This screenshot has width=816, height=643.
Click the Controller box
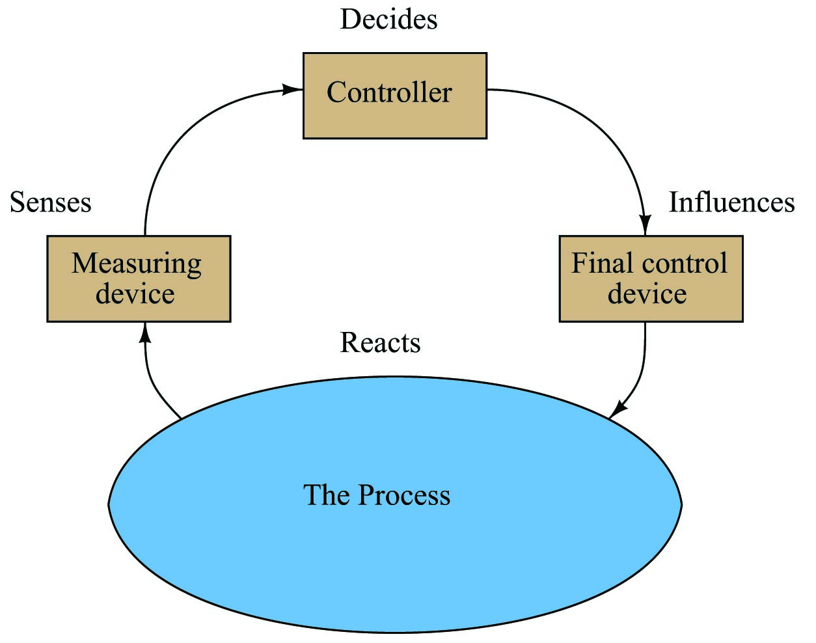(394, 96)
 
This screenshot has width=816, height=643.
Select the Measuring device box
(139, 279)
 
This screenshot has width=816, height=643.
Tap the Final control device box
(651, 279)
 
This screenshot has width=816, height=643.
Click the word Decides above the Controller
(388, 20)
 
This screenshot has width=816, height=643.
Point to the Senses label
(50, 202)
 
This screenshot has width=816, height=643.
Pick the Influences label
(731, 202)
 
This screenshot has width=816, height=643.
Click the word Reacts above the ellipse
(380, 343)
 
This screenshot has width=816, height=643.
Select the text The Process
(376, 495)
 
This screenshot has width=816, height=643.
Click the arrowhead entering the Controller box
(293, 90)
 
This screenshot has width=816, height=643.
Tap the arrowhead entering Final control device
(645, 225)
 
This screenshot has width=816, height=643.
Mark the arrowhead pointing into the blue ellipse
(618, 410)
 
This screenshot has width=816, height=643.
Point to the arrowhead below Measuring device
(145, 333)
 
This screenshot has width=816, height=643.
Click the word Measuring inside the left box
(137, 264)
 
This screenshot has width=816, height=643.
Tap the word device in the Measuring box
(135, 294)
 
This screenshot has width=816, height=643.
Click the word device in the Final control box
(647, 294)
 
